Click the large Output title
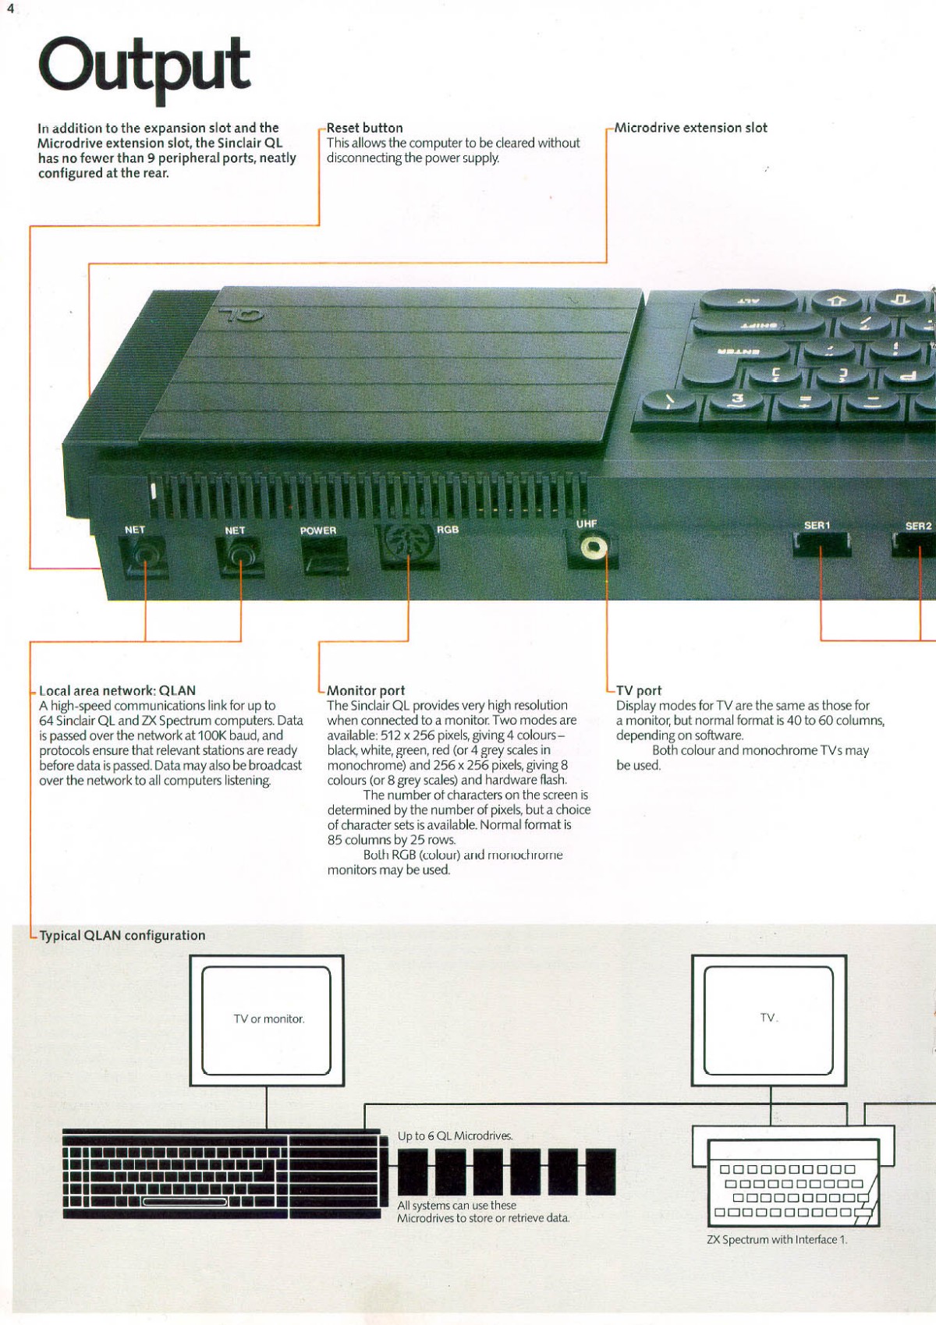tap(144, 67)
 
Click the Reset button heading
tap(365, 128)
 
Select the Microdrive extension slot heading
tap(691, 128)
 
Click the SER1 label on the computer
tap(817, 526)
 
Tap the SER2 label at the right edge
tap(918, 526)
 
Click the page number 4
tap(10, 9)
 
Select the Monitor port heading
tap(366, 691)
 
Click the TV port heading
tap(639, 691)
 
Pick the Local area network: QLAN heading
tap(117, 691)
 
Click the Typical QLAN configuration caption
tap(122, 936)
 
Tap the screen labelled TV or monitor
tap(267, 1019)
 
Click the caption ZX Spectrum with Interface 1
tap(777, 1240)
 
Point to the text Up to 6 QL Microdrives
tap(456, 1136)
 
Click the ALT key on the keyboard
tap(748, 300)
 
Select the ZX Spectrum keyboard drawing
tap(793, 1183)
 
